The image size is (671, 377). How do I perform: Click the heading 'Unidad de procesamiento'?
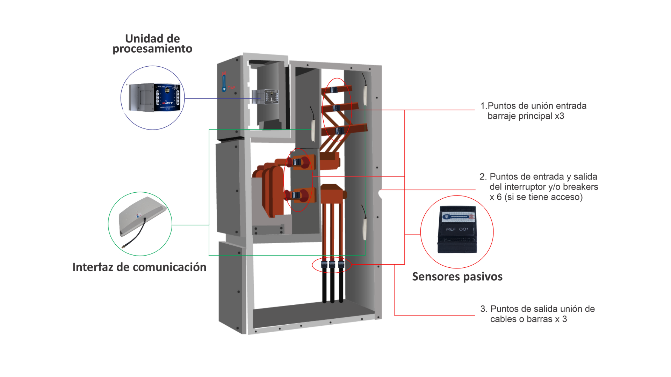[152, 44]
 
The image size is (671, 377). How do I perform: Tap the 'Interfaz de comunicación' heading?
[139, 267]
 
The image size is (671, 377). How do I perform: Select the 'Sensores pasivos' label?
[457, 277]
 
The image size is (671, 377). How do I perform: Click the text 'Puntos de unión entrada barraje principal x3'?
[533, 111]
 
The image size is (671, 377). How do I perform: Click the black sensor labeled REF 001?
[457, 231]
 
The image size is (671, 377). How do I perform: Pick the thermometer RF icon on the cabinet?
[224, 82]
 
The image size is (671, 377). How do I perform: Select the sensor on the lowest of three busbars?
[339, 131]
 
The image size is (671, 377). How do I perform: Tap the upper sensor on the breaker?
[297, 162]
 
